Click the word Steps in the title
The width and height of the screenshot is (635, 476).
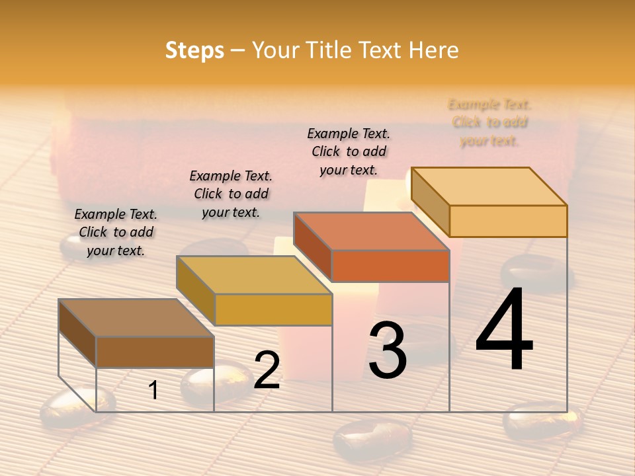[194, 50]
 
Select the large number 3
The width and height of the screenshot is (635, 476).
[388, 350]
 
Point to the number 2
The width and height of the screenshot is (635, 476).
[267, 370]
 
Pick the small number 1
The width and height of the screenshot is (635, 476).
[153, 390]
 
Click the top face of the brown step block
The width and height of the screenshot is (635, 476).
[136, 318]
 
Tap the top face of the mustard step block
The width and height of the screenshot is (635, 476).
[254, 275]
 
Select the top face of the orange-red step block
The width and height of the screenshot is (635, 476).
[371, 231]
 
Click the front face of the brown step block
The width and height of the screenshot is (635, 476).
[155, 352]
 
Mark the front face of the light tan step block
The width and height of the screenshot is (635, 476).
[508, 221]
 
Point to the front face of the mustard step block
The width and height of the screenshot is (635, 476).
[273, 309]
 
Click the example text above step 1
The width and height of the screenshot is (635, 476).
[116, 232]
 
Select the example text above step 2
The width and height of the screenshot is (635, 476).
[231, 194]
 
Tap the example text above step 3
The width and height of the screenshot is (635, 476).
[349, 151]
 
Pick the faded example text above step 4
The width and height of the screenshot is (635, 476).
[489, 122]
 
